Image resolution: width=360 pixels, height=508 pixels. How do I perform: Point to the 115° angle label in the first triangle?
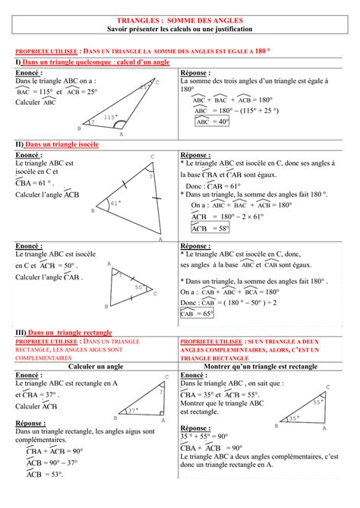pyautogui.click(x=111, y=117)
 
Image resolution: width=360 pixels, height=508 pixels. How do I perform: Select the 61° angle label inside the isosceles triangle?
pyautogui.click(x=116, y=203)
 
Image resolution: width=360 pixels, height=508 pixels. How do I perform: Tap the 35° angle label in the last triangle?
pyautogui.click(x=293, y=418)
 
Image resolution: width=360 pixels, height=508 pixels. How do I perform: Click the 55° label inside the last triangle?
pyautogui.click(x=318, y=402)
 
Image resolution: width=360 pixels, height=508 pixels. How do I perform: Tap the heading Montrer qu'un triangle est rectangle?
pyautogui.click(x=267, y=366)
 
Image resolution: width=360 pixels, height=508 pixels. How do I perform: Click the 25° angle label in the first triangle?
pyautogui.click(x=144, y=88)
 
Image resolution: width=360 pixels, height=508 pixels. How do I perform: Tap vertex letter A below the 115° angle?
pyautogui.click(x=121, y=134)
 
